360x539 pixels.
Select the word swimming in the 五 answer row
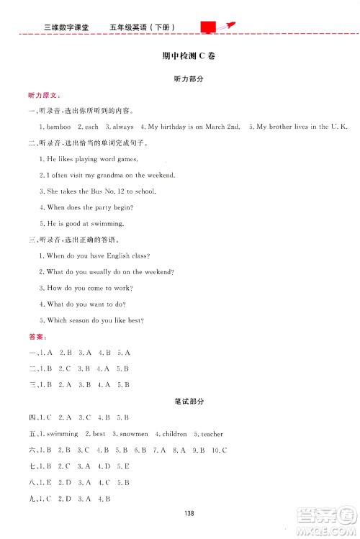[62, 434]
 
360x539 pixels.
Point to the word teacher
[212, 434]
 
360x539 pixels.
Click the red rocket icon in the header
[223, 27]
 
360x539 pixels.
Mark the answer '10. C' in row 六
[219, 450]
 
